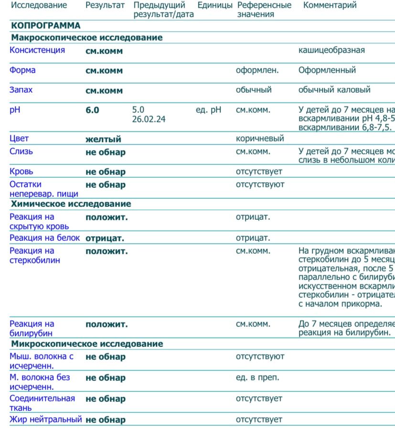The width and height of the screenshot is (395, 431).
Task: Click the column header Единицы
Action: (x=215, y=6)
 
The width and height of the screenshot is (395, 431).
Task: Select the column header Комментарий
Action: (x=330, y=6)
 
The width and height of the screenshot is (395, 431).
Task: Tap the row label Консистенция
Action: (x=37, y=50)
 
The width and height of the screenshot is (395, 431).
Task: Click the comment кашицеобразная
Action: (x=331, y=50)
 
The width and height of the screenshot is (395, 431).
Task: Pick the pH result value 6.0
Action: (x=92, y=110)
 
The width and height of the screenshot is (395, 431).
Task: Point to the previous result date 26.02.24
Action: (x=149, y=119)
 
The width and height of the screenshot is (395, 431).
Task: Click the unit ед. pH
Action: (x=208, y=110)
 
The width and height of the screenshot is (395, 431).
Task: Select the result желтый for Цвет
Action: (x=103, y=140)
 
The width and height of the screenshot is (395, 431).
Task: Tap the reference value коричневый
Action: (x=260, y=139)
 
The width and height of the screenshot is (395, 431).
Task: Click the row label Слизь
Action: (x=21, y=151)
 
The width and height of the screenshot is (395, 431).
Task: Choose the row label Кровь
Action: (x=21, y=172)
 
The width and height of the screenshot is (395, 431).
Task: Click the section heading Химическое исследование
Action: (x=71, y=204)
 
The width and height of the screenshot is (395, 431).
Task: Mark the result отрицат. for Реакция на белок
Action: (x=105, y=238)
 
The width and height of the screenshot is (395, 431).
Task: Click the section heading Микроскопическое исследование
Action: (x=87, y=344)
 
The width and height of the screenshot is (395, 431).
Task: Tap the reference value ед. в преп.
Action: (x=257, y=377)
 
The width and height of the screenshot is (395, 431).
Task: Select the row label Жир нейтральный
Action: (x=46, y=420)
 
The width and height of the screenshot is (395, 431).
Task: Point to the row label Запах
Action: (x=21, y=90)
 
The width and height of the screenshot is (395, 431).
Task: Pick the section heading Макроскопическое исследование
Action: (x=86, y=38)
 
